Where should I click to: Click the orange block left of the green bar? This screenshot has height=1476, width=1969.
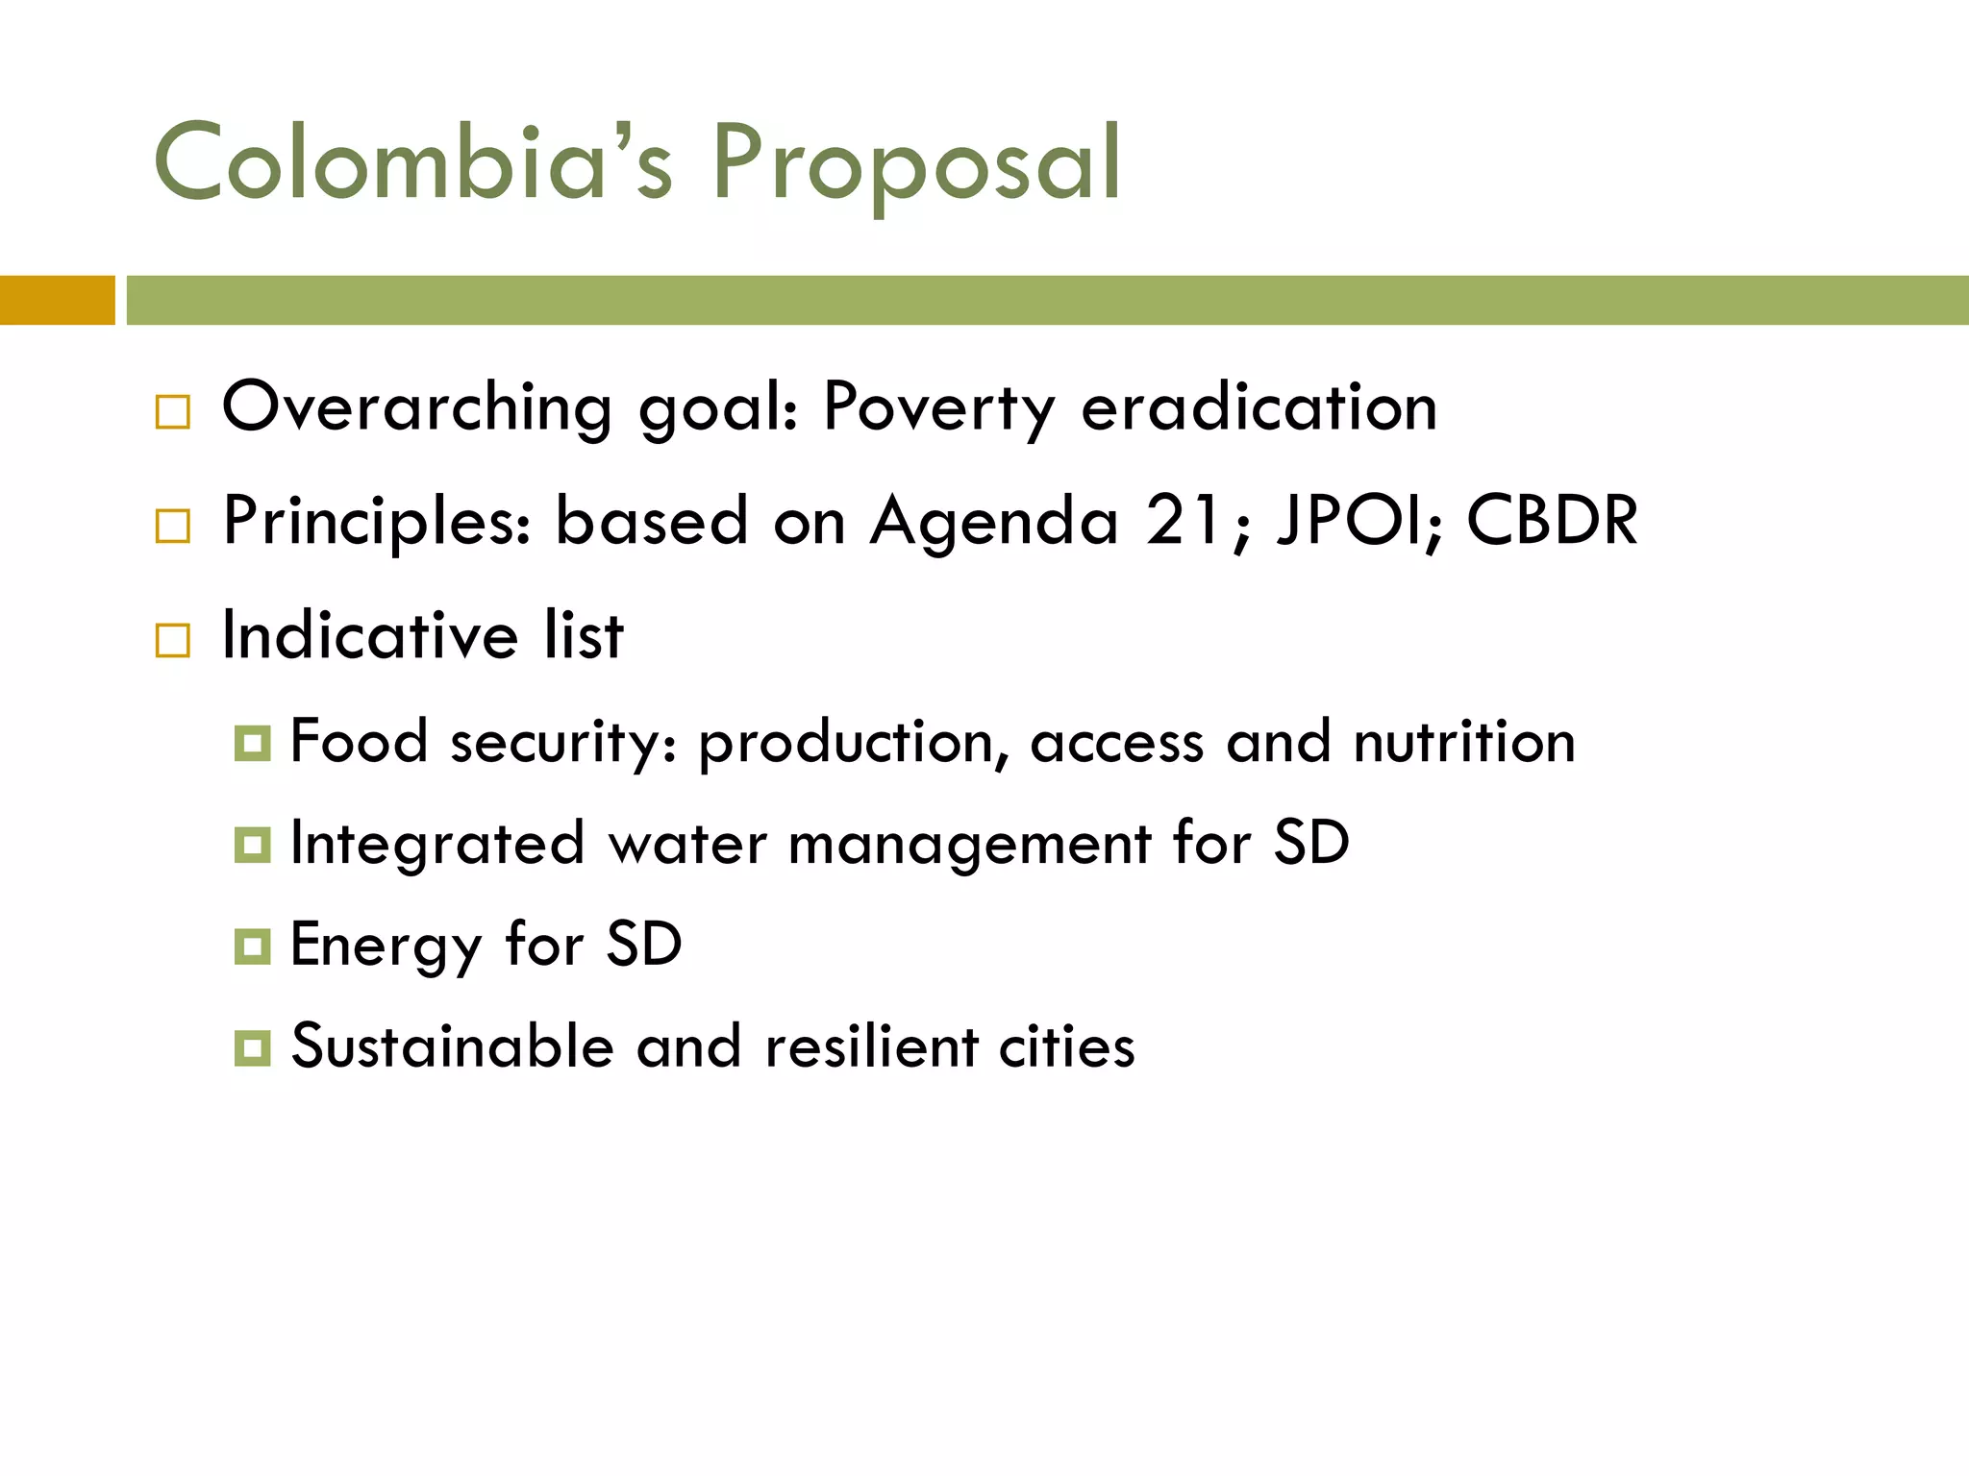57,300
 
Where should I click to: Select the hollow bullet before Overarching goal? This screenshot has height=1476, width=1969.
173,412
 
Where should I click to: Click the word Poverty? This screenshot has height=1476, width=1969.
938,408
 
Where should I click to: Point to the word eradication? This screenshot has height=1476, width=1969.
1259,406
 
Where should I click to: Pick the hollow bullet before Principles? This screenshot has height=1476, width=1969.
173,526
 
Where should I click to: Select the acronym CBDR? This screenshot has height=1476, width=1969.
1552,521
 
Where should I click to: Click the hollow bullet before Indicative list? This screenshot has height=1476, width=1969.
173,640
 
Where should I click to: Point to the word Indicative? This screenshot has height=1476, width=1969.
370,635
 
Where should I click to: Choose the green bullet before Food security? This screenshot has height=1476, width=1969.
252,744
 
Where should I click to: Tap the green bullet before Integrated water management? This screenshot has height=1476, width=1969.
252,845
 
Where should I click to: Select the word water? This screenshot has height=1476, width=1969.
687,844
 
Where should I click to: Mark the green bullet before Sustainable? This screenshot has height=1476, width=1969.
252,1047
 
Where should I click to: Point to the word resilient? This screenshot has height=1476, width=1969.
870,1046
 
